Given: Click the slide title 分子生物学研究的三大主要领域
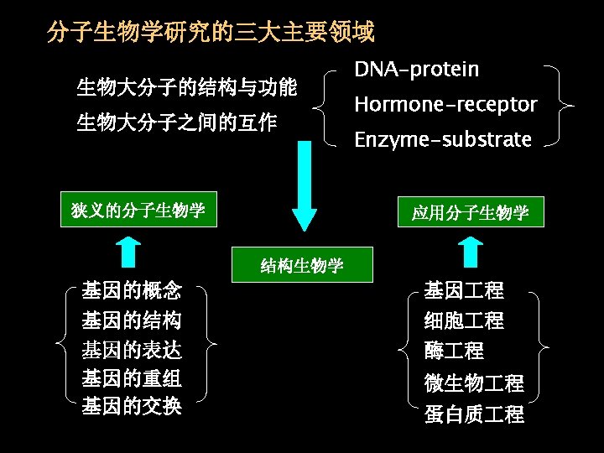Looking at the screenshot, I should coord(211,34).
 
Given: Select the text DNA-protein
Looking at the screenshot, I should coord(416,70).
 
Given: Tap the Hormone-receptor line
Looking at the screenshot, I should coord(445,105).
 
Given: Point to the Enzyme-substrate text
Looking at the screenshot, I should coord(443,139).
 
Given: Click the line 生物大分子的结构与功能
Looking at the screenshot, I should coord(186,86).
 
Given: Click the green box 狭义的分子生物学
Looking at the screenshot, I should coord(139,210).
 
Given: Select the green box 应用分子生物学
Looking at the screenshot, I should coord(470,212).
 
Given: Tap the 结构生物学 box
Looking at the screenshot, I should coord(302,266).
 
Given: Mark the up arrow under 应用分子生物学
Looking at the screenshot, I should coord(472,250).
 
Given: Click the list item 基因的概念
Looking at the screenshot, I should coord(132,291).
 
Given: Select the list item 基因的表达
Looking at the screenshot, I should coord(132,349).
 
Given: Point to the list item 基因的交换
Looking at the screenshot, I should coord(132,406).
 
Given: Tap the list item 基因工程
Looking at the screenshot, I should coord(464,291).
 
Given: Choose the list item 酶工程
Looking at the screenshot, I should coord(454,350).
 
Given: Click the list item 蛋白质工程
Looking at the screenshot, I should coord(474,414).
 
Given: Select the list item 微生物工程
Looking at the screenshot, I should coord(474,383).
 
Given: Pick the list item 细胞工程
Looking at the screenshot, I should coord(464,320).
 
